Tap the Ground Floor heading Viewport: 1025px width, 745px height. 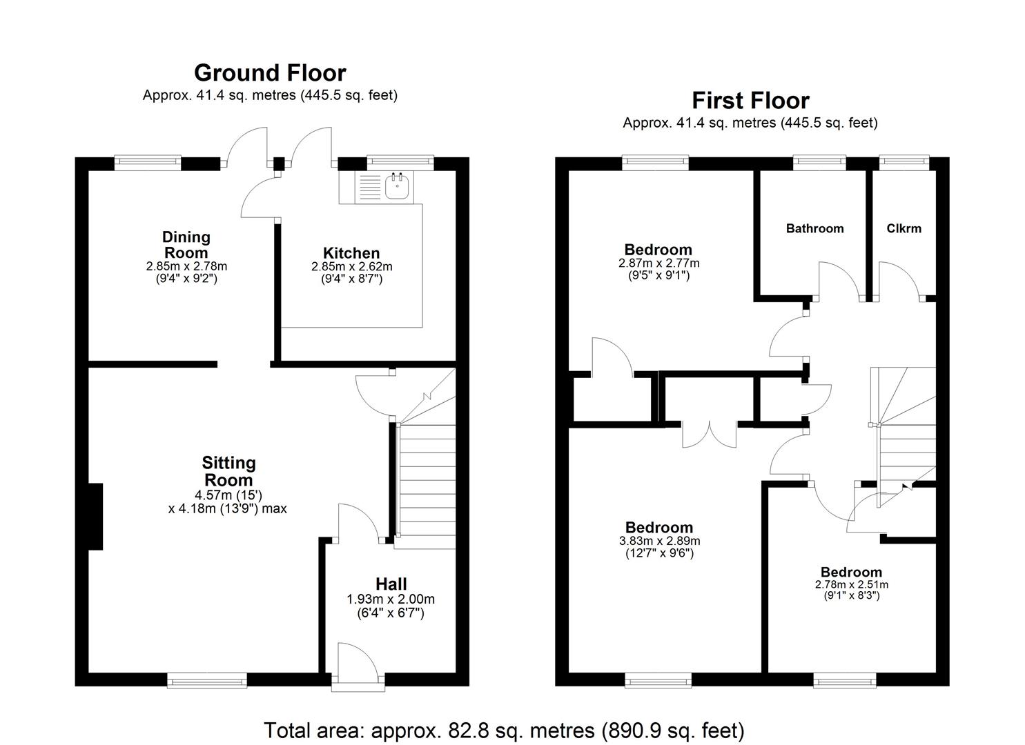pyautogui.click(x=270, y=72)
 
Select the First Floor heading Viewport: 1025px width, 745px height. pyautogui.click(x=750, y=101)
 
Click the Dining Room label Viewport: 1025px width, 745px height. pyautogui.click(x=186, y=245)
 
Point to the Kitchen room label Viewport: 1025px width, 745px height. pyautogui.click(x=351, y=253)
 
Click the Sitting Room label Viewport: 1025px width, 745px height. pyautogui.click(x=228, y=471)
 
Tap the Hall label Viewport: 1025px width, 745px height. pyautogui.click(x=391, y=584)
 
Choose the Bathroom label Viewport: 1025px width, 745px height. pyautogui.click(x=814, y=228)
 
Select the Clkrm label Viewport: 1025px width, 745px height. pyautogui.click(x=904, y=228)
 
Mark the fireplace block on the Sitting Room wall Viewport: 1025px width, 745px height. pyautogui.click(x=95, y=516)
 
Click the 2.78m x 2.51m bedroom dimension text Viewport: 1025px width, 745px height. pyautogui.click(x=851, y=584)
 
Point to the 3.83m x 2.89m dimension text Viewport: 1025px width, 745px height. pyautogui.click(x=659, y=541)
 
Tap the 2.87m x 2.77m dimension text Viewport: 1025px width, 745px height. pyautogui.click(x=658, y=263)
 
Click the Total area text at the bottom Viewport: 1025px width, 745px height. pyautogui.click(x=504, y=730)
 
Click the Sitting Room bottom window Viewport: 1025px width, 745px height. pyautogui.click(x=207, y=681)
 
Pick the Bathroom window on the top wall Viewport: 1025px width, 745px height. pyautogui.click(x=819, y=163)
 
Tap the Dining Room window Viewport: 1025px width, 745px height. pyautogui.click(x=148, y=163)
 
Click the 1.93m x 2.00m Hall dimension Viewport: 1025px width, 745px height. pyautogui.click(x=391, y=599)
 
